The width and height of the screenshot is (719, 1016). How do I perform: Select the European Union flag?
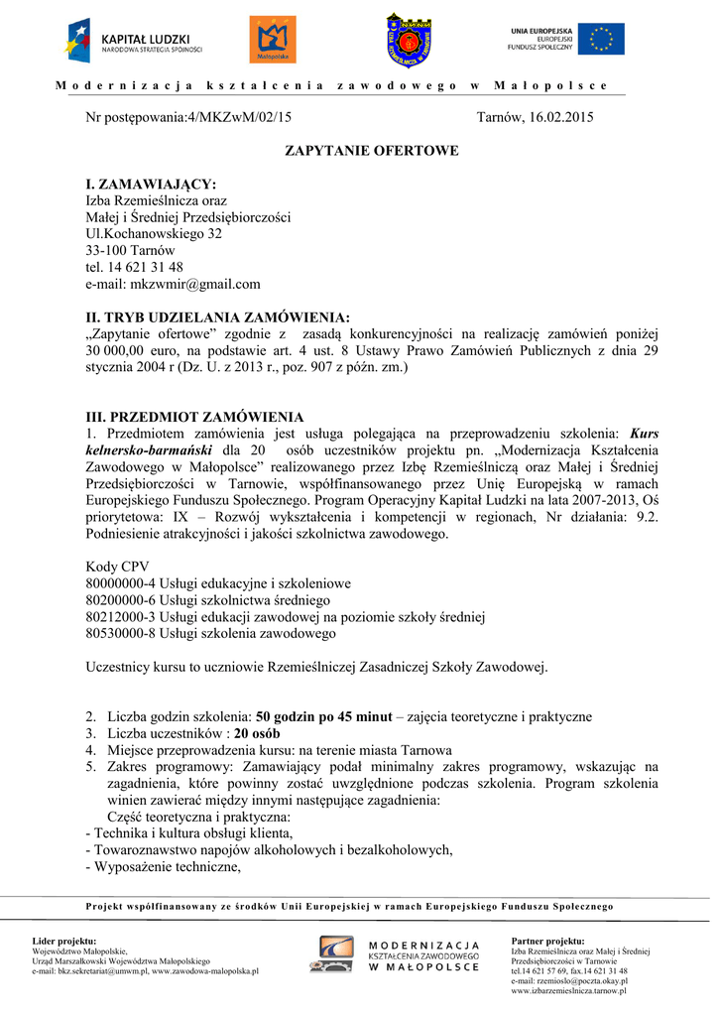(x=601, y=39)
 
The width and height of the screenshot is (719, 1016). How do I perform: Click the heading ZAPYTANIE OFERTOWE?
(x=372, y=151)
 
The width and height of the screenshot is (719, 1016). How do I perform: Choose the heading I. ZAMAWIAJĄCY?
(x=151, y=184)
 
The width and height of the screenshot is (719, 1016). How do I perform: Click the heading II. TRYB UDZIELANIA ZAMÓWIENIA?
(x=218, y=317)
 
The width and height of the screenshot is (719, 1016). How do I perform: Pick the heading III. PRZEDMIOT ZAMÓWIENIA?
(x=195, y=417)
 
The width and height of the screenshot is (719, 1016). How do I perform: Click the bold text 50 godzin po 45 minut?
(x=324, y=716)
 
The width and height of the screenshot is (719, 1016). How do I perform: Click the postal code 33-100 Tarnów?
(x=130, y=251)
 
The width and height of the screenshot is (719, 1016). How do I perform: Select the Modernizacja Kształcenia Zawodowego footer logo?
(x=398, y=956)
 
